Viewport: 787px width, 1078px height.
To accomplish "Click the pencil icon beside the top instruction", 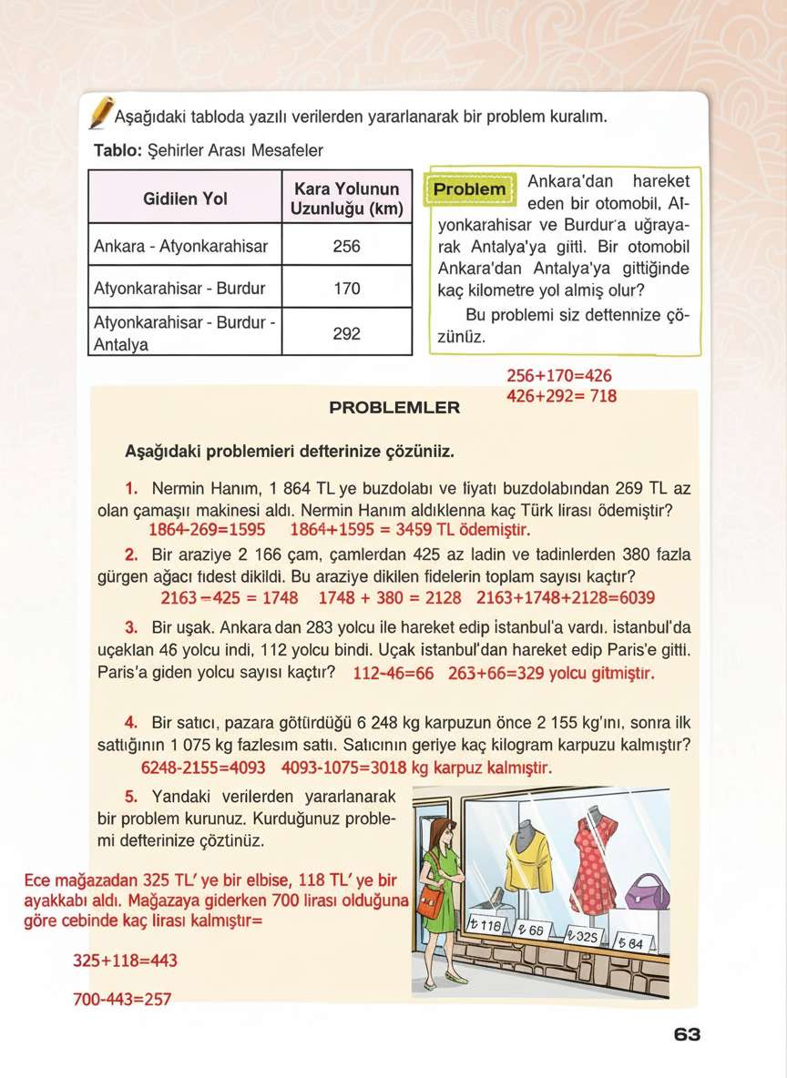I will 101,112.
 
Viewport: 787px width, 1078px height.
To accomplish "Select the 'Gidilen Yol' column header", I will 185,198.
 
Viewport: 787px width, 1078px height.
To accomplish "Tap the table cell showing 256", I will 346,246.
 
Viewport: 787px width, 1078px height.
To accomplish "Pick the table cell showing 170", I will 346,289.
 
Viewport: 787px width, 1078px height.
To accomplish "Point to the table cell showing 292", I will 346,333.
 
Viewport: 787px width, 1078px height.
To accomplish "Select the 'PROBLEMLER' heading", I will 393,408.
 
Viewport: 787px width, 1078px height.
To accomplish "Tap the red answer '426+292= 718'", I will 561,396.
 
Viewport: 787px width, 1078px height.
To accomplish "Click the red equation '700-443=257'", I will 122,1000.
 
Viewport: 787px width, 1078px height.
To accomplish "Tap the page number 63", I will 687,1035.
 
